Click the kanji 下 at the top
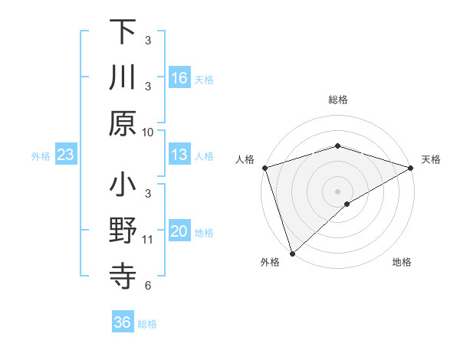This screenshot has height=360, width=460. (x=123, y=31)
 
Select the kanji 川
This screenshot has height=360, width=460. (x=123, y=77)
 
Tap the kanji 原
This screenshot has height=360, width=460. (x=123, y=123)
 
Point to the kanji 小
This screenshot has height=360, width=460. (x=123, y=185)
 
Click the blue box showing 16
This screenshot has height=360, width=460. (x=179, y=78)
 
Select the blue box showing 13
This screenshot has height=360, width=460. (x=179, y=155)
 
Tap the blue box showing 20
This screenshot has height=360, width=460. (x=179, y=232)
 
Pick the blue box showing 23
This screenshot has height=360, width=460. (x=65, y=155)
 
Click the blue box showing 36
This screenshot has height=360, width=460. (x=123, y=322)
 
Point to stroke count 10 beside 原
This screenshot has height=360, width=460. (x=148, y=132)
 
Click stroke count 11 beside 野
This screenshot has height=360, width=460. (x=148, y=240)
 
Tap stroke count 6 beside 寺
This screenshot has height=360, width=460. (x=148, y=286)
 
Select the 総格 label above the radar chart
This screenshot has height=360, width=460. (x=338, y=100)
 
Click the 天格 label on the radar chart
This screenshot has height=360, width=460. (x=432, y=159)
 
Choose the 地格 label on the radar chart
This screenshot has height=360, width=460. (x=402, y=262)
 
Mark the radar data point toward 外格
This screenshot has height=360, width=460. (x=292, y=254)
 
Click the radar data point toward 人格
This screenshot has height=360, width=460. (x=264, y=168)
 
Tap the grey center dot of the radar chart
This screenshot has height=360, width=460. (x=338, y=191)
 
